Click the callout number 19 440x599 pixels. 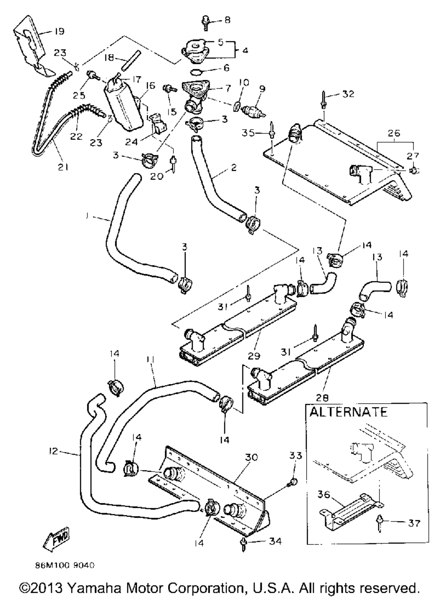59,31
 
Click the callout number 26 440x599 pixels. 395,132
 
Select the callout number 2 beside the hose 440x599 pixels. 234,168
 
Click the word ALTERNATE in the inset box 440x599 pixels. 348,412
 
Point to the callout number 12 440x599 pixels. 54,452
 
